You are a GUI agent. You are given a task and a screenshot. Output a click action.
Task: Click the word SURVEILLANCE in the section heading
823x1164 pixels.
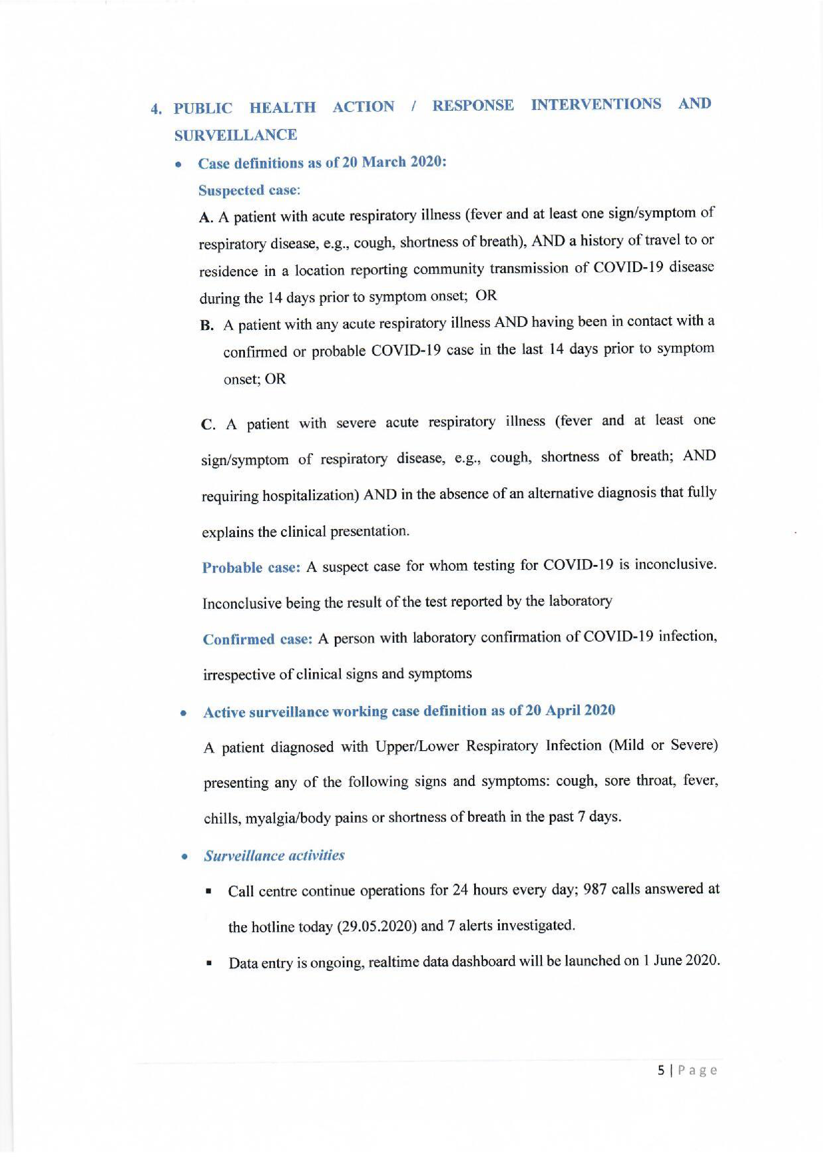coord(235,135)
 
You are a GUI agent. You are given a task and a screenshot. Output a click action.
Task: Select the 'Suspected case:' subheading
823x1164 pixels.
coord(249,191)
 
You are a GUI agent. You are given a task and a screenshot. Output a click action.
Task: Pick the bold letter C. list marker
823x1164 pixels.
coord(208,425)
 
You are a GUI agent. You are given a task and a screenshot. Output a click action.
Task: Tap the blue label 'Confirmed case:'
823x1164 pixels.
coord(257,639)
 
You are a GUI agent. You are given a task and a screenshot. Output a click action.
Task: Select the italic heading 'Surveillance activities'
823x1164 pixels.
coord(274,856)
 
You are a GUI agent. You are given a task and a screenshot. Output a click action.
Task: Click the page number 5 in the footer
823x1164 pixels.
coord(661,1070)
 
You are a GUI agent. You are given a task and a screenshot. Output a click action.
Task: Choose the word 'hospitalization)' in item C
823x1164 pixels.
coord(311,496)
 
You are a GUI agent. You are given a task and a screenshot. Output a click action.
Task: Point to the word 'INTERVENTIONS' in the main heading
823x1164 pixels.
coord(596,105)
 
